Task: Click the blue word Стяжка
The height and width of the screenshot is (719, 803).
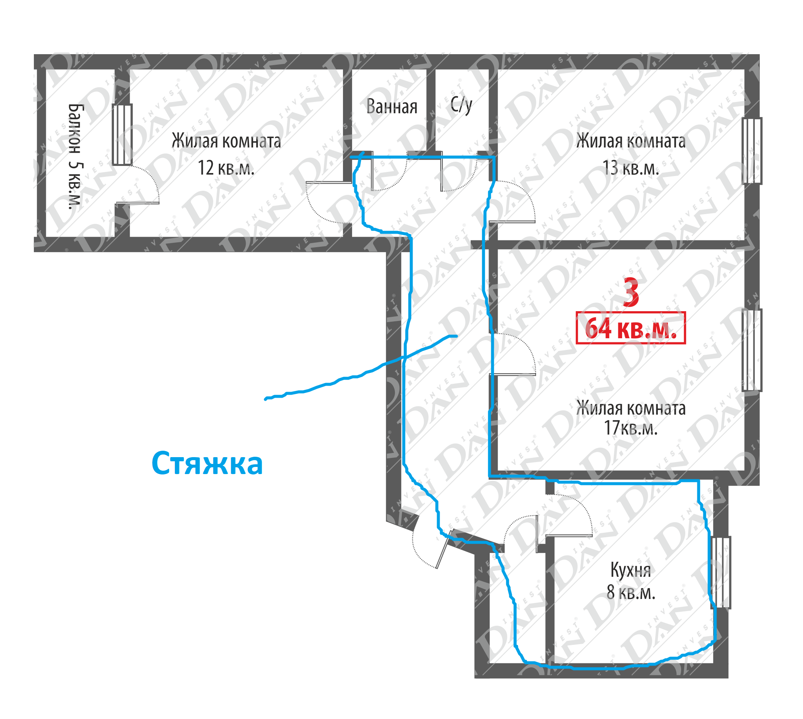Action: tap(207, 464)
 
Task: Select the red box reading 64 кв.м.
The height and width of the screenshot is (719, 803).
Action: tap(631, 328)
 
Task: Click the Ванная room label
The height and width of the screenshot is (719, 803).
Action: tap(392, 107)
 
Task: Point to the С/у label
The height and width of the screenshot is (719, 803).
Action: tap(461, 105)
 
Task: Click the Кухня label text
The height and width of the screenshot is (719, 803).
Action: tap(630, 570)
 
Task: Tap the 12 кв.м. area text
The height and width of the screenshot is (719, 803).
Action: tap(226, 168)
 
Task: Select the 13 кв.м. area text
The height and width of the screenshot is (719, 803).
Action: tap(631, 168)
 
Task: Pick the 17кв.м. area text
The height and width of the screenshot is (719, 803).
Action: tap(631, 428)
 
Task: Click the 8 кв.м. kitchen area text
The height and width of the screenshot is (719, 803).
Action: tap(631, 592)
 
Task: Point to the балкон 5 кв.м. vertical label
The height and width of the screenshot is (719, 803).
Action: tap(75, 157)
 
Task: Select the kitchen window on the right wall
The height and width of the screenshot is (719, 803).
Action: tap(721, 572)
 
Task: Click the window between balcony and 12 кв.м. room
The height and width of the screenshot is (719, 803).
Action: tap(122, 135)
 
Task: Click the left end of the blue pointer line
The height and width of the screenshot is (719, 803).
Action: tap(266, 399)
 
